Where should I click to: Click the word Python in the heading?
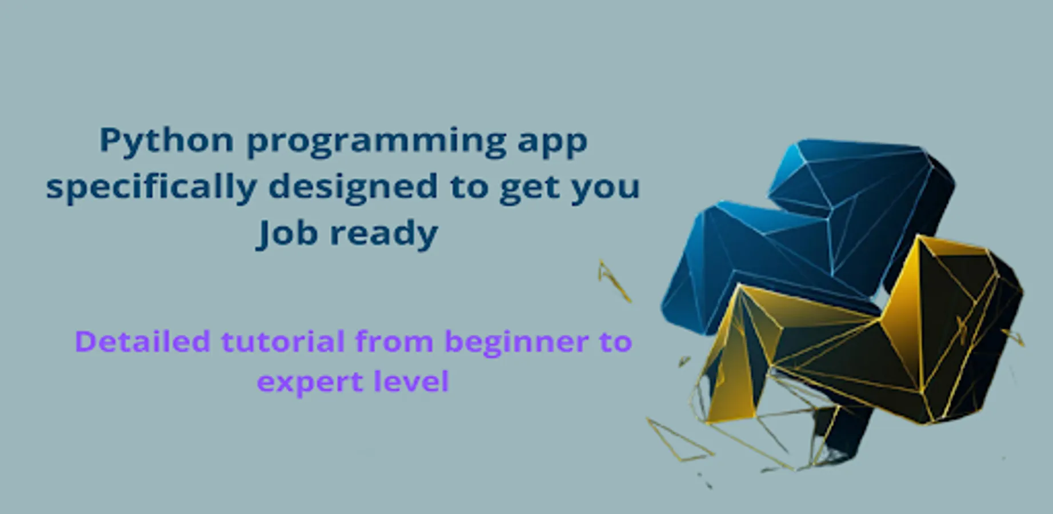click(x=167, y=141)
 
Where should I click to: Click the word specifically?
click(x=151, y=187)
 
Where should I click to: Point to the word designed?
click(x=353, y=187)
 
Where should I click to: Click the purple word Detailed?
click(x=143, y=342)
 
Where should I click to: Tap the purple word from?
click(x=394, y=342)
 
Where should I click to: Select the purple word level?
click(x=411, y=381)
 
